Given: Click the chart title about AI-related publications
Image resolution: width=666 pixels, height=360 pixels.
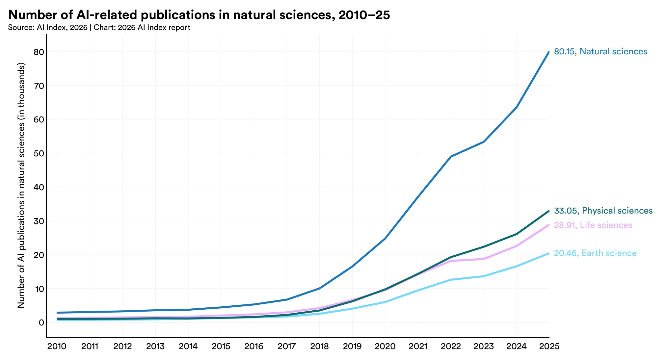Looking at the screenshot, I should click(x=199, y=15).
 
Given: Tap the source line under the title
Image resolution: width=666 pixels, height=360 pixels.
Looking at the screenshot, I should click(x=99, y=28).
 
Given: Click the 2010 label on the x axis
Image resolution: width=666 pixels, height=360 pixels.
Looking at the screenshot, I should click(x=57, y=347).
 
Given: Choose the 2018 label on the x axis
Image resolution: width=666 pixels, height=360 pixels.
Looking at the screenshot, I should click(x=319, y=347).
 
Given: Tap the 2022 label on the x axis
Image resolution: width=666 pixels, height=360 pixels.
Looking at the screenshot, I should click(x=451, y=347).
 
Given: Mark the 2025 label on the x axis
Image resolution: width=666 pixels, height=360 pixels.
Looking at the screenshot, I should click(x=549, y=347).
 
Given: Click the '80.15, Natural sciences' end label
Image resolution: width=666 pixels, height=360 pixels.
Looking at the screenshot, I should click(x=600, y=52).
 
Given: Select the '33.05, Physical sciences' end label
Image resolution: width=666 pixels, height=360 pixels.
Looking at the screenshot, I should click(x=603, y=211).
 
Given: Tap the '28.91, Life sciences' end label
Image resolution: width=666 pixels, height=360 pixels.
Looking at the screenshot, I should click(x=593, y=225).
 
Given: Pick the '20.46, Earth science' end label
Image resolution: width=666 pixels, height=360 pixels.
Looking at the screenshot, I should click(x=595, y=253).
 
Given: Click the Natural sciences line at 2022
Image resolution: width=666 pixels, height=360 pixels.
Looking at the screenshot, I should click(x=451, y=157).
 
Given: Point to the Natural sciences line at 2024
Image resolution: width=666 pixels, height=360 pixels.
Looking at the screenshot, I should click(x=516, y=108).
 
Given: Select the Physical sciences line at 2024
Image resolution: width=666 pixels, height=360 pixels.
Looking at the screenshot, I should click(x=516, y=234).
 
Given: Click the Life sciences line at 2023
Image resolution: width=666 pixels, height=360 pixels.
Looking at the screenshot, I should click(x=484, y=259).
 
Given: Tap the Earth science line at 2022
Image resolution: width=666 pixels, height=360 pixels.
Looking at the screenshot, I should click(x=451, y=280).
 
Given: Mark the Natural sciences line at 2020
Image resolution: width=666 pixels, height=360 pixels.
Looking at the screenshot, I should click(x=385, y=239).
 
